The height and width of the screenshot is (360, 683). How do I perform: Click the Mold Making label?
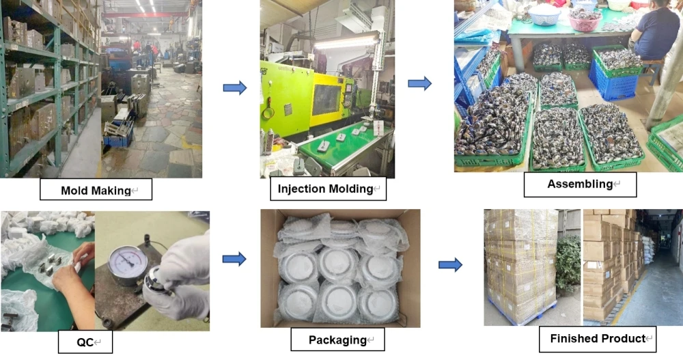click(x=96, y=190)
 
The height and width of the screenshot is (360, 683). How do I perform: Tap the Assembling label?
click(x=580, y=184)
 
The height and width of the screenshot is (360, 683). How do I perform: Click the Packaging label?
click(x=337, y=340)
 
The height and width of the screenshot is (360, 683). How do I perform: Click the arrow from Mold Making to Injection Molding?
click(x=234, y=87)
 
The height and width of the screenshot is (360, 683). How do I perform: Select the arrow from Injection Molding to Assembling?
click(x=419, y=83)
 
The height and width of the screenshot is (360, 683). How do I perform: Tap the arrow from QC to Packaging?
click(x=234, y=259)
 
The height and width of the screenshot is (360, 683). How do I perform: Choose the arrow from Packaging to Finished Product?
click(x=449, y=264)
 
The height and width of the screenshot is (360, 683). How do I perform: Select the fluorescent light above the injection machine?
click(x=346, y=42)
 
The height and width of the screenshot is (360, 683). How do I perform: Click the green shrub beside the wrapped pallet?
click(x=568, y=263)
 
